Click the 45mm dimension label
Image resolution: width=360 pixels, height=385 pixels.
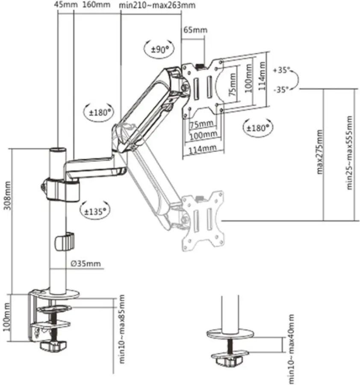(66, 4)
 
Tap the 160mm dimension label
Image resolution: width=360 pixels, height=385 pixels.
(96, 4)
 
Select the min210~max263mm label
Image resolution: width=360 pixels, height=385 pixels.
(157, 5)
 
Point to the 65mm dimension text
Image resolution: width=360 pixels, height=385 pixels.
(195, 30)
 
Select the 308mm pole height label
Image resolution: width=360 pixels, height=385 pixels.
(7, 195)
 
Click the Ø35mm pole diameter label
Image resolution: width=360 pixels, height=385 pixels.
(86, 264)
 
